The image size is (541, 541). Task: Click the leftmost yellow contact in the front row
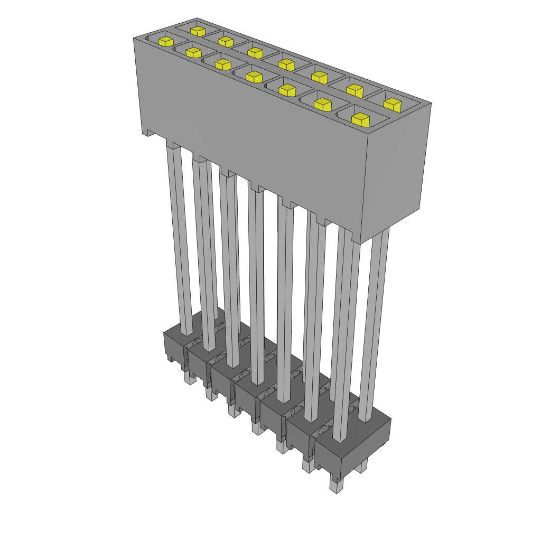(165, 41)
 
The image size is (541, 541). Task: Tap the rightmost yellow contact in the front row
(360, 119)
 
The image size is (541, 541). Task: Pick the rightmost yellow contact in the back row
(392, 104)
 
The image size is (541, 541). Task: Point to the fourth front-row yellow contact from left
(254, 77)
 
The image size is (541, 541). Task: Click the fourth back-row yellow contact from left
(286, 64)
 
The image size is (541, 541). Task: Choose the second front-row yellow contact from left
(193, 52)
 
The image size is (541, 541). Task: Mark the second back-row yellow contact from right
(355, 90)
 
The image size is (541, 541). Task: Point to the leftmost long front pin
(180, 238)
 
